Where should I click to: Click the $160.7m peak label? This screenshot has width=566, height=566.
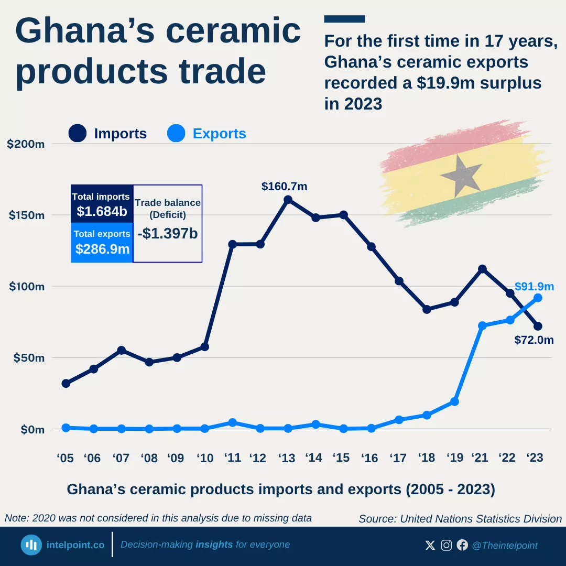pyautogui.click(x=284, y=186)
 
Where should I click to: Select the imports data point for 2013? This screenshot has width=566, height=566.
pyautogui.click(x=288, y=200)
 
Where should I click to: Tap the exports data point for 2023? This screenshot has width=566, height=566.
pyautogui.click(x=538, y=298)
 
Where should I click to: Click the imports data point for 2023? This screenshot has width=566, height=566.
pyautogui.click(x=538, y=326)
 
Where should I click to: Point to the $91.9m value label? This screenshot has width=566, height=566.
pyautogui.click(x=534, y=286)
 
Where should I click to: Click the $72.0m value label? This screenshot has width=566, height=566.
pyautogui.click(x=534, y=340)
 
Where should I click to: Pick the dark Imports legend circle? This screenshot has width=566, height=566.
pyautogui.click(x=78, y=133)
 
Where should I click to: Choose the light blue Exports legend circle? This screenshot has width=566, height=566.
pyautogui.click(x=176, y=133)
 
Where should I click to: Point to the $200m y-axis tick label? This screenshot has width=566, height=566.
pyautogui.click(x=26, y=144)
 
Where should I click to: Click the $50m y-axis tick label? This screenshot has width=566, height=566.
pyautogui.click(x=28, y=358)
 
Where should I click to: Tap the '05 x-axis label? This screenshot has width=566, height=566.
pyautogui.click(x=65, y=458)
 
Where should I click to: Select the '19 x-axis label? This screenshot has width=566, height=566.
pyautogui.click(x=454, y=458)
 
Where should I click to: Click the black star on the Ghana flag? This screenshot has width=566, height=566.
pyautogui.click(x=461, y=175)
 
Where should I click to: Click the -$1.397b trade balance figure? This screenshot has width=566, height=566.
pyautogui.click(x=168, y=234)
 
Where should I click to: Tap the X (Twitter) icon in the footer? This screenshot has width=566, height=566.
pyautogui.click(x=430, y=546)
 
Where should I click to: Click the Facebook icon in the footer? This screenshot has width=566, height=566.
pyautogui.click(x=462, y=546)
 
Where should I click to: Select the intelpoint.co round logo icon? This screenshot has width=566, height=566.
pyautogui.click(x=31, y=545)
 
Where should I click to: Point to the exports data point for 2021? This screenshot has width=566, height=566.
pyautogui.click(x=483, y=326)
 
